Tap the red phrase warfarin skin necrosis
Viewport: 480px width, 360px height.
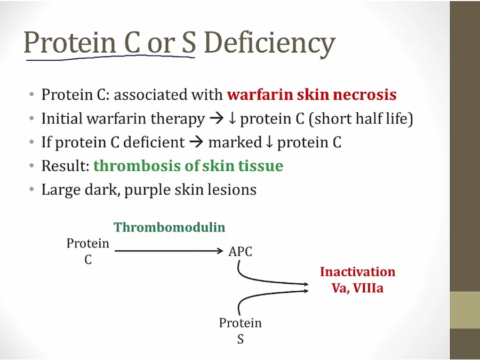[311, 94]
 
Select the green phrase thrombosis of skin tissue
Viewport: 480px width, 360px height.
[188, 166]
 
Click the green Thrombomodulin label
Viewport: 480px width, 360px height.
[169, 227]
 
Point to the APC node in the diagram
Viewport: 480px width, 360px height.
[241, 252]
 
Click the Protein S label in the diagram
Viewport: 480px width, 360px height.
[241, 331]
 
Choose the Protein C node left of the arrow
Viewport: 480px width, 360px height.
[88, 251]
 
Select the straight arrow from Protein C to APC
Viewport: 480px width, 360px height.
[169, 251]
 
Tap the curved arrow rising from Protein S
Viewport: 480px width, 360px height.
[260, 295]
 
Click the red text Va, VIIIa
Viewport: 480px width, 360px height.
[357, 289]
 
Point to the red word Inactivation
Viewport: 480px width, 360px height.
[357, 272]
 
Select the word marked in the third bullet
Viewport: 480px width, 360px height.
[235, 142]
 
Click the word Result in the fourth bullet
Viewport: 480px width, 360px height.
[65, 166]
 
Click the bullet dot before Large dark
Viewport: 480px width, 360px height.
[32, 189]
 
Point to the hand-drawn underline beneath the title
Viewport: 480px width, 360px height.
[110, 58]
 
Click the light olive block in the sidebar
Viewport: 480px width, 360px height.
[465, 310]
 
